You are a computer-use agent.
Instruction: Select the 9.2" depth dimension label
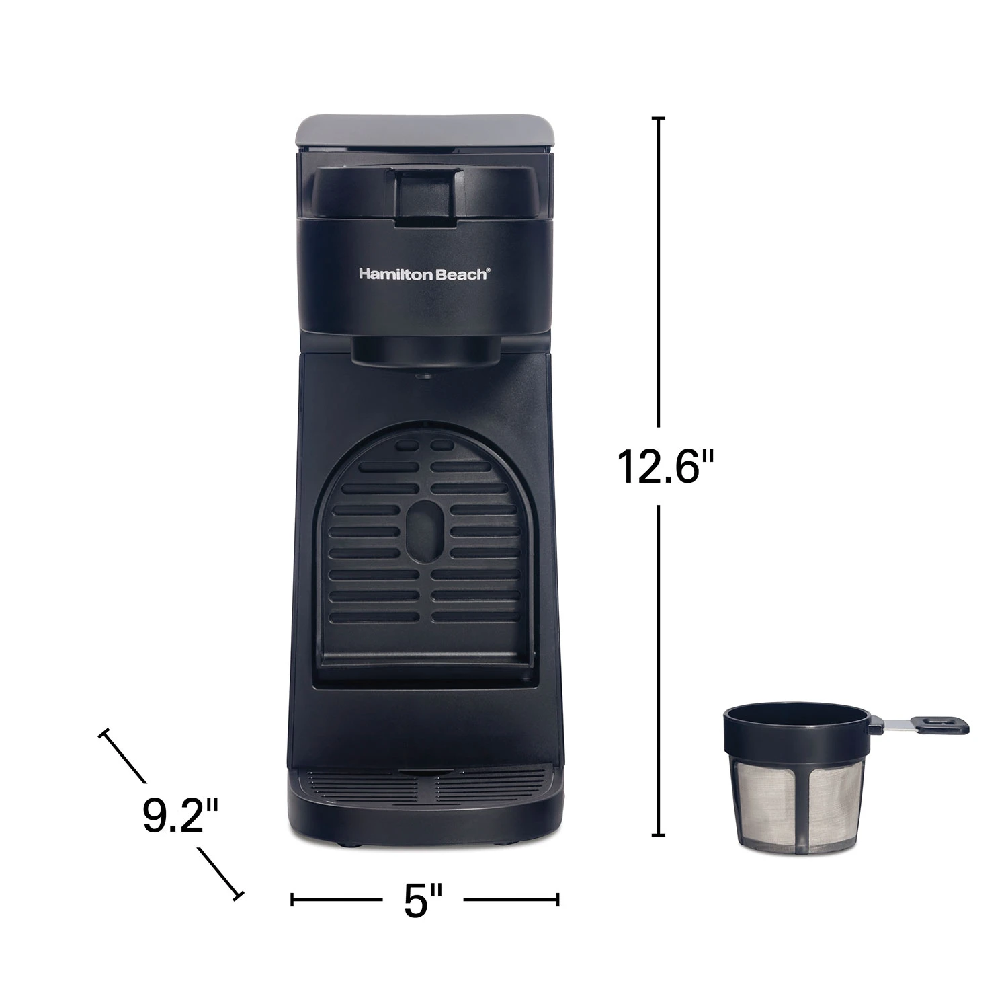click(171, 816)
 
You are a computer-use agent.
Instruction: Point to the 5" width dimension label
click(423, 900)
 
